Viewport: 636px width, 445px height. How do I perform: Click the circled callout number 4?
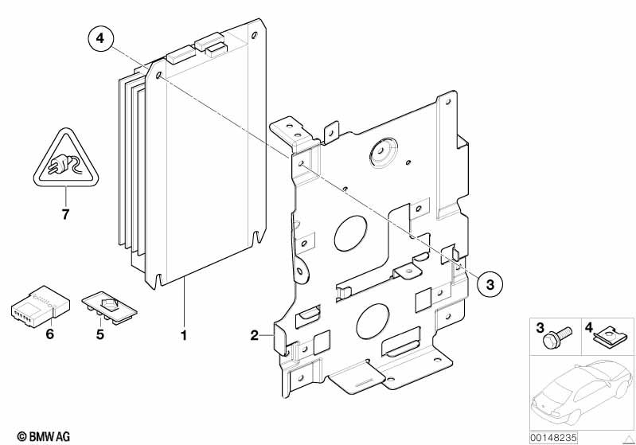pos(100,38)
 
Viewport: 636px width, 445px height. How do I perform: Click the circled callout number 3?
pos(490,284)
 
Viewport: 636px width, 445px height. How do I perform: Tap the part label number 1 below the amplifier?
pos(184,335)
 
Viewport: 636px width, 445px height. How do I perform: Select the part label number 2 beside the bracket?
pos(254,335)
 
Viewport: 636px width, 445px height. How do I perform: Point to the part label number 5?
pos(99,334)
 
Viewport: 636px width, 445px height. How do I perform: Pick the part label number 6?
pos(49,334)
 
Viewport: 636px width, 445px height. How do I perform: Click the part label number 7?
pos(66,214)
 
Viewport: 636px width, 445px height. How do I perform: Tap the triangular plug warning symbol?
pos(67,159)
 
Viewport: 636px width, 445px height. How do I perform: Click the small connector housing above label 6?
pos(40,306)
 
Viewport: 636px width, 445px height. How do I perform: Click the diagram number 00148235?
pos(553,438)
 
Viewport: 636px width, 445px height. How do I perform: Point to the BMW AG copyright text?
pos(44,436)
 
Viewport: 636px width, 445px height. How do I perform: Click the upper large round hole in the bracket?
pos(351,232)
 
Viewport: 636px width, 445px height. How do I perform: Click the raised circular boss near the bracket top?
pos(382,152)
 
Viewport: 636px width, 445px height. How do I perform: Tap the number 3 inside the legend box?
pos(540,327)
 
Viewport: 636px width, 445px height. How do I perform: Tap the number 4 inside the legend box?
pos(589,327)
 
